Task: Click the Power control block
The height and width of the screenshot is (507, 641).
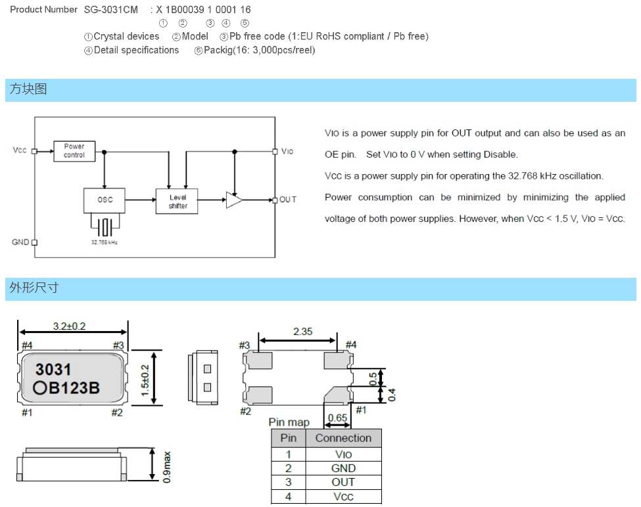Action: coord(74,151)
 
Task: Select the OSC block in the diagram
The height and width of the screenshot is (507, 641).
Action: coord(105,200)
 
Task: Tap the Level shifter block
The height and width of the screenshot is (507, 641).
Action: coord(177,201)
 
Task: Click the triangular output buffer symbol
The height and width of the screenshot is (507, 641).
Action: coord(234,200)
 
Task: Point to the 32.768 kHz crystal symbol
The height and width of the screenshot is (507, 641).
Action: coord(105,227)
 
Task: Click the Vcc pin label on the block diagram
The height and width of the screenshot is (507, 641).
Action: coord(20,150)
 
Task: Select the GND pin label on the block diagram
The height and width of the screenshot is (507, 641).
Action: coord(20,242)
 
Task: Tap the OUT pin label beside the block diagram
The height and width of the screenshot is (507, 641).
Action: coord(288,200)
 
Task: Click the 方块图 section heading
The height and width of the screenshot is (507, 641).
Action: coord(28,89)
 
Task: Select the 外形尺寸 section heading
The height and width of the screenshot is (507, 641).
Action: coord(34,288)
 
